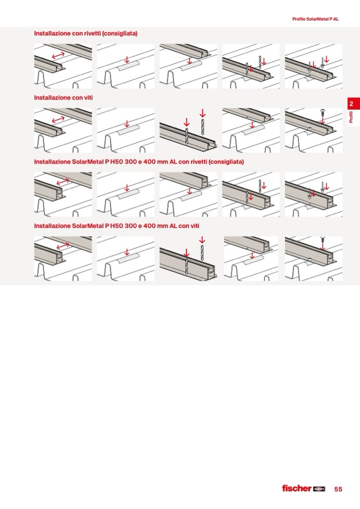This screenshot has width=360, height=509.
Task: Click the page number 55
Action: (338, 489)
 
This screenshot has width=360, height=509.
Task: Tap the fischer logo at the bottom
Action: (304, 488)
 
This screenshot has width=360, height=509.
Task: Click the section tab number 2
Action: (351, 104)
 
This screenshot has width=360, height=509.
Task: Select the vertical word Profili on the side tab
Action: (351, 117)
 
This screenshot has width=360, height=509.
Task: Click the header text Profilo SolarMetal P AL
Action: (315, 19)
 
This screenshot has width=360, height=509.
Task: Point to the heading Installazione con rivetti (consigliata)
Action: (85, 33)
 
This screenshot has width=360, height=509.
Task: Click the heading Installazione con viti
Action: (63, 97)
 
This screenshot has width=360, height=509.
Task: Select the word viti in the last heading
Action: (193, 226)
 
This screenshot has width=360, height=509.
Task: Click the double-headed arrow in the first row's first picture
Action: (58, 56)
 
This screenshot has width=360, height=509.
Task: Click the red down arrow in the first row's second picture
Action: (127, 60)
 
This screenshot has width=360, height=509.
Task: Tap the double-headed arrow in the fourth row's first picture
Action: (63, 246)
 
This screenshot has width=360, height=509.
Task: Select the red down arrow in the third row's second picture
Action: (127, 188)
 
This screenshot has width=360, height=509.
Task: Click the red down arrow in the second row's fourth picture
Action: (252, 125)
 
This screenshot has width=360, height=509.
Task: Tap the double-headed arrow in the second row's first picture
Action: (58, 120)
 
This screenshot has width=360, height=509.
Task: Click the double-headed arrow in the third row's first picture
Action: (63, 182)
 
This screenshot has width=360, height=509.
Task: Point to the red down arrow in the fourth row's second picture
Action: (127, 252)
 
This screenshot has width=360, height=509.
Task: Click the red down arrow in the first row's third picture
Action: (190, 61)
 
